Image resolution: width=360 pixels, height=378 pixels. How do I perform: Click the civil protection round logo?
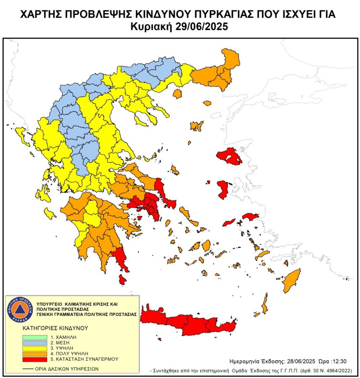click(x=19, y=309)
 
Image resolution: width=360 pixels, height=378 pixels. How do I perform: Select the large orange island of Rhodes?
click(x=292, y=280)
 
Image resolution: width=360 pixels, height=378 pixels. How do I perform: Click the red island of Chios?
click(x=223, y=189)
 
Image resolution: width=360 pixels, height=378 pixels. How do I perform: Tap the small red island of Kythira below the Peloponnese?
click(x=122, y=279)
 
